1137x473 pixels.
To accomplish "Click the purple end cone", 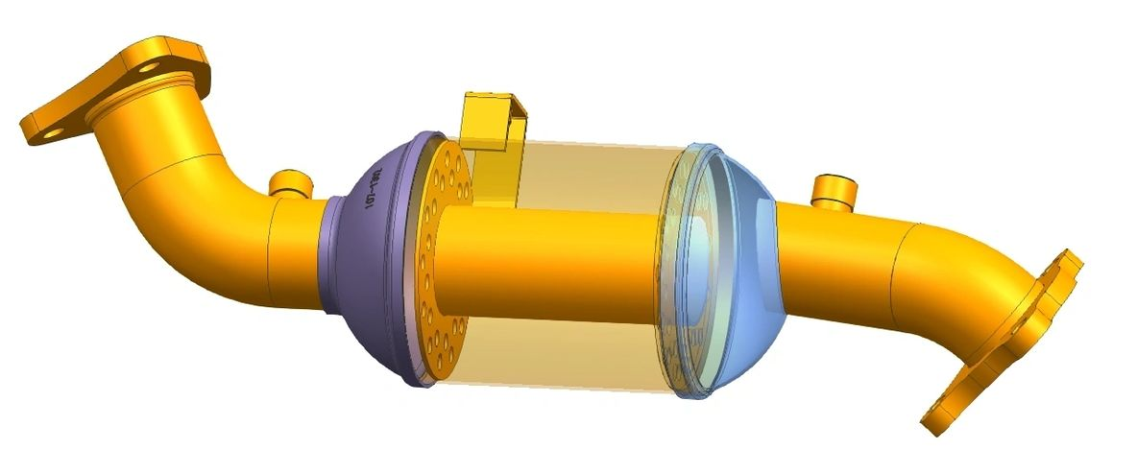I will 370,249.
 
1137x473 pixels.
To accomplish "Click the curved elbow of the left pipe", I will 206,163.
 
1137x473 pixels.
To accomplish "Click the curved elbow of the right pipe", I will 970,278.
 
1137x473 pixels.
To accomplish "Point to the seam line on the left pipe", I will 269,240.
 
